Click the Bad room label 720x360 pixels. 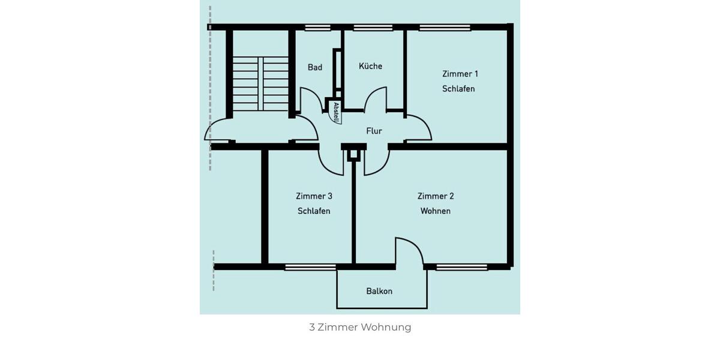pos(315,67)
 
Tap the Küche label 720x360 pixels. pos(370,66)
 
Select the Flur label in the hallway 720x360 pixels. pos(374,131)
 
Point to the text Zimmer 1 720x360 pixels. pos(460,74)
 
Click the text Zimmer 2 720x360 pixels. pos(436,196)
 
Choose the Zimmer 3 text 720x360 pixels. pos(314,196)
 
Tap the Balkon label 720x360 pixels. pos(379,291)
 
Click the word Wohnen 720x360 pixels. pos(436,211)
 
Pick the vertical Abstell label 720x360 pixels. pos(336,112)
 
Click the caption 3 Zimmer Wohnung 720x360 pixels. pos(360,327)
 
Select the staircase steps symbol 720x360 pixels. pos(260,83)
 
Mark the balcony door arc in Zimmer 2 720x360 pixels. pos(409,251)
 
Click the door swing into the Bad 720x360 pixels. pos(310,100)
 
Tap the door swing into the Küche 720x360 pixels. pos(376,100)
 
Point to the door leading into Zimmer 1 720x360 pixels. pos(419,128)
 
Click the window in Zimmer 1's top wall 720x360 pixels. pos(445,27)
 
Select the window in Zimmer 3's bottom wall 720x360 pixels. pos(310,267)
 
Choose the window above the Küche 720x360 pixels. pos(373,27)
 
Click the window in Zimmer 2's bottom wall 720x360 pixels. pos(461,267)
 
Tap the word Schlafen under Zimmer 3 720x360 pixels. pos(314,211)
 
